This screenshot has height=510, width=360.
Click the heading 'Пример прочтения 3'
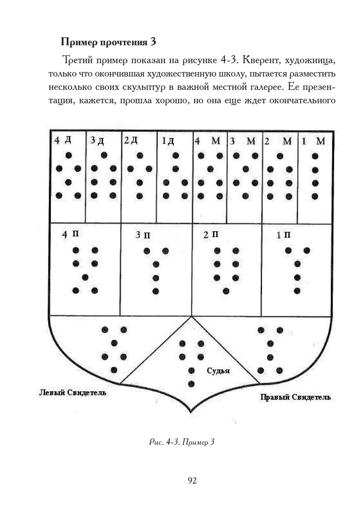tap(108, 42)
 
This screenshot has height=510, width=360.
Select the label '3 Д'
tap(97, 140)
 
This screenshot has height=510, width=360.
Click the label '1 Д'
tap(168, 141)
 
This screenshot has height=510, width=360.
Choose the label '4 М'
tap(207, 141)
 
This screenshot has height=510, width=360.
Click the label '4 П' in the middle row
tap(70, 234)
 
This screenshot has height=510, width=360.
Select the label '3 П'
tap(143, 235)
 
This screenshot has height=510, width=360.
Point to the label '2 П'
tap(211, 235)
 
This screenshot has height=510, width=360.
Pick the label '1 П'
tap(284, 235)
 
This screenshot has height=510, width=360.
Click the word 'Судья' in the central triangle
tap(218, 371)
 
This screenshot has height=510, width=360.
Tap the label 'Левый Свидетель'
tap(72, 392)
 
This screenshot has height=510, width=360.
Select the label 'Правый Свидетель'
tap(295, 397)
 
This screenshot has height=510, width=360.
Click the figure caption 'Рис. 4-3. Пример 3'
tap(182, 442)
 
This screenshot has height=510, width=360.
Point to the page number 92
tap(192, 480)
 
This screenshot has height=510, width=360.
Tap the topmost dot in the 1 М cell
tap(315, 156)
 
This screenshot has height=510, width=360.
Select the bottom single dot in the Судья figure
tap(192, 384)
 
